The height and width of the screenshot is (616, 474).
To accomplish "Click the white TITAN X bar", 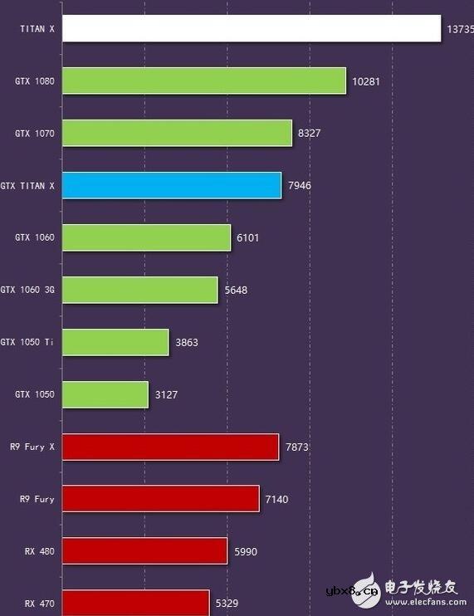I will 252,28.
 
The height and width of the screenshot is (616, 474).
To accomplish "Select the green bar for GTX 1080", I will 204,81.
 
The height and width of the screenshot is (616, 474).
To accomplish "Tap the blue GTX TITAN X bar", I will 172,185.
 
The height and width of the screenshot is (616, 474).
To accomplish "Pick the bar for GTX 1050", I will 105,394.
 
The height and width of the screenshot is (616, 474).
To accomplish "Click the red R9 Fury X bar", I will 170,447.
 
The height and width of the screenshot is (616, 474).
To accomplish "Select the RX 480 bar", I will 144,551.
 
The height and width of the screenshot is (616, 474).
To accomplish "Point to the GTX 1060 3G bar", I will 139,290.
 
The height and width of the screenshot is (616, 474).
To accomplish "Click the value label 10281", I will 366,81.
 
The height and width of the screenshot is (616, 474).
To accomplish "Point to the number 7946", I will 300,185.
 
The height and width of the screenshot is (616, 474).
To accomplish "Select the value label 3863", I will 187,342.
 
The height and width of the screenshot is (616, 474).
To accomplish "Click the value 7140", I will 277,499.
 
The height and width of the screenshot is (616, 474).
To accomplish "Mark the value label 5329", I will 227,604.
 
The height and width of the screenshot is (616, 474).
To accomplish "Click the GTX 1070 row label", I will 34,133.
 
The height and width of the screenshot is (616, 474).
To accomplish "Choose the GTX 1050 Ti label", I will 27,342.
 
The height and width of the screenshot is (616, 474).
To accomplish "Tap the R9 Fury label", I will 37,499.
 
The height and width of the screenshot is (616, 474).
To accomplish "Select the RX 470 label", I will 39,604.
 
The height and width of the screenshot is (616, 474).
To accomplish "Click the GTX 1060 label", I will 34,237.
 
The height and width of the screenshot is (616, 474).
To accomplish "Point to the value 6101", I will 248,237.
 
